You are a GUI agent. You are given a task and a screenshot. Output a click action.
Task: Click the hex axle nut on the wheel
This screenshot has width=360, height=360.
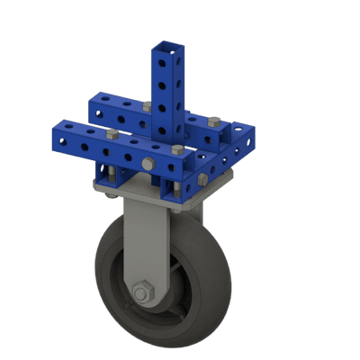tap(141, 293)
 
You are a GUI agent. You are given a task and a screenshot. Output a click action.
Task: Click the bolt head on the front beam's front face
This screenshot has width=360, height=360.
tap(147, 164)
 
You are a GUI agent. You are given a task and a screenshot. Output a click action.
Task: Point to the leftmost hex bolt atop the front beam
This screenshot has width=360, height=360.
tap(112, 134)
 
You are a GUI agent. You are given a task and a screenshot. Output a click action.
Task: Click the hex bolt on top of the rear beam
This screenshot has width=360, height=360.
tap(146, 106)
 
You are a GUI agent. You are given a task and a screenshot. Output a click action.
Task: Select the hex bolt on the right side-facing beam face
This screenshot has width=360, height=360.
tap(202, 179)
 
